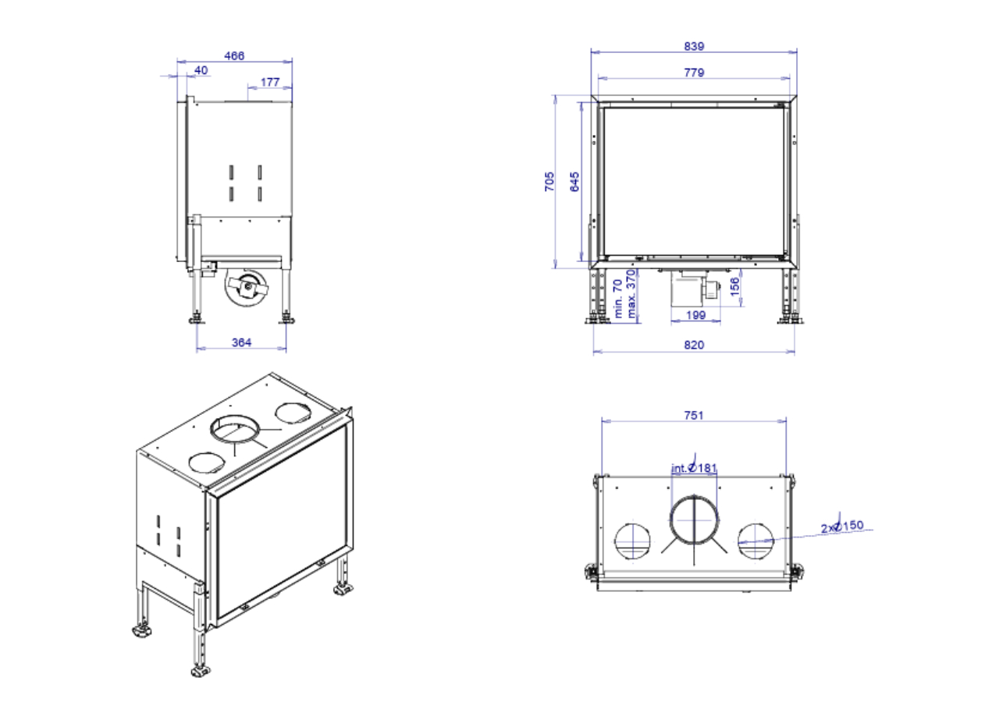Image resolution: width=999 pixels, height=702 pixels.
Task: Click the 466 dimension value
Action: [x=234, y=56]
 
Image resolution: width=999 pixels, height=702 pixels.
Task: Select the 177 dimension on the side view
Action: [x=270, y=82]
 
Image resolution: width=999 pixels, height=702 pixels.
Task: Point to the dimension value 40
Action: [x=201, y=70]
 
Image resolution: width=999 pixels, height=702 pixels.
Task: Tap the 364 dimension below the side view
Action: [x=242, y=342]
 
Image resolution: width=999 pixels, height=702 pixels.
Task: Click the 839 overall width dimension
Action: [x=694, y=46]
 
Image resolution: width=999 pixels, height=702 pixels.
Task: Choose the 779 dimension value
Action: [x=694, y=73]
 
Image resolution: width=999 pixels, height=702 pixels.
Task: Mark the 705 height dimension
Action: [x=549, y=182]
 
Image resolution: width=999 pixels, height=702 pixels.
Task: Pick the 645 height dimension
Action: [x=575, y=182]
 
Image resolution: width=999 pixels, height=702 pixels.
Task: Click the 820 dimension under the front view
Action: [x=694, y=345]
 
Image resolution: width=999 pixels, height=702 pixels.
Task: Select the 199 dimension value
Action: [x=695, y=315]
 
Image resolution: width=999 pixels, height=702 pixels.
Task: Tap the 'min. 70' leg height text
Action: [x=619, y=299]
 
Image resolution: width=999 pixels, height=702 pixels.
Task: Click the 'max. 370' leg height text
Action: [x=632, y=297]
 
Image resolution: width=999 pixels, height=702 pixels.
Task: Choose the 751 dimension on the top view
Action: [x=694, y=415]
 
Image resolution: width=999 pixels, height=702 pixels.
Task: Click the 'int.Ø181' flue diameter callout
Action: [x=694, y=468]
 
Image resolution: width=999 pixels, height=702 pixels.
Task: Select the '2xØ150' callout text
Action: [x=842, y=526]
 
